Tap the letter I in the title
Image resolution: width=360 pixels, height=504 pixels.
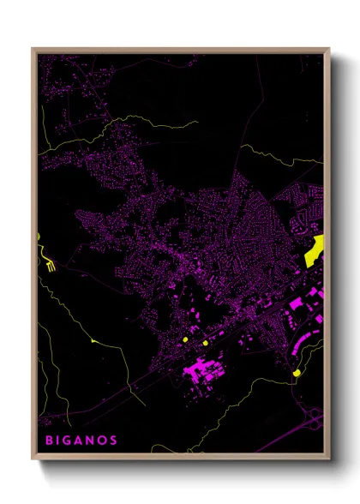(59, 441)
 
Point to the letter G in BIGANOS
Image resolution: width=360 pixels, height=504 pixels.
(69, 441)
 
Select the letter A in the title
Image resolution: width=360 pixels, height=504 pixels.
(80, 441)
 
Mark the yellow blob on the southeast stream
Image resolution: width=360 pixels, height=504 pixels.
(296, 373)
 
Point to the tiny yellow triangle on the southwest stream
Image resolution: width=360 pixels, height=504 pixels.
(93, 340)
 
